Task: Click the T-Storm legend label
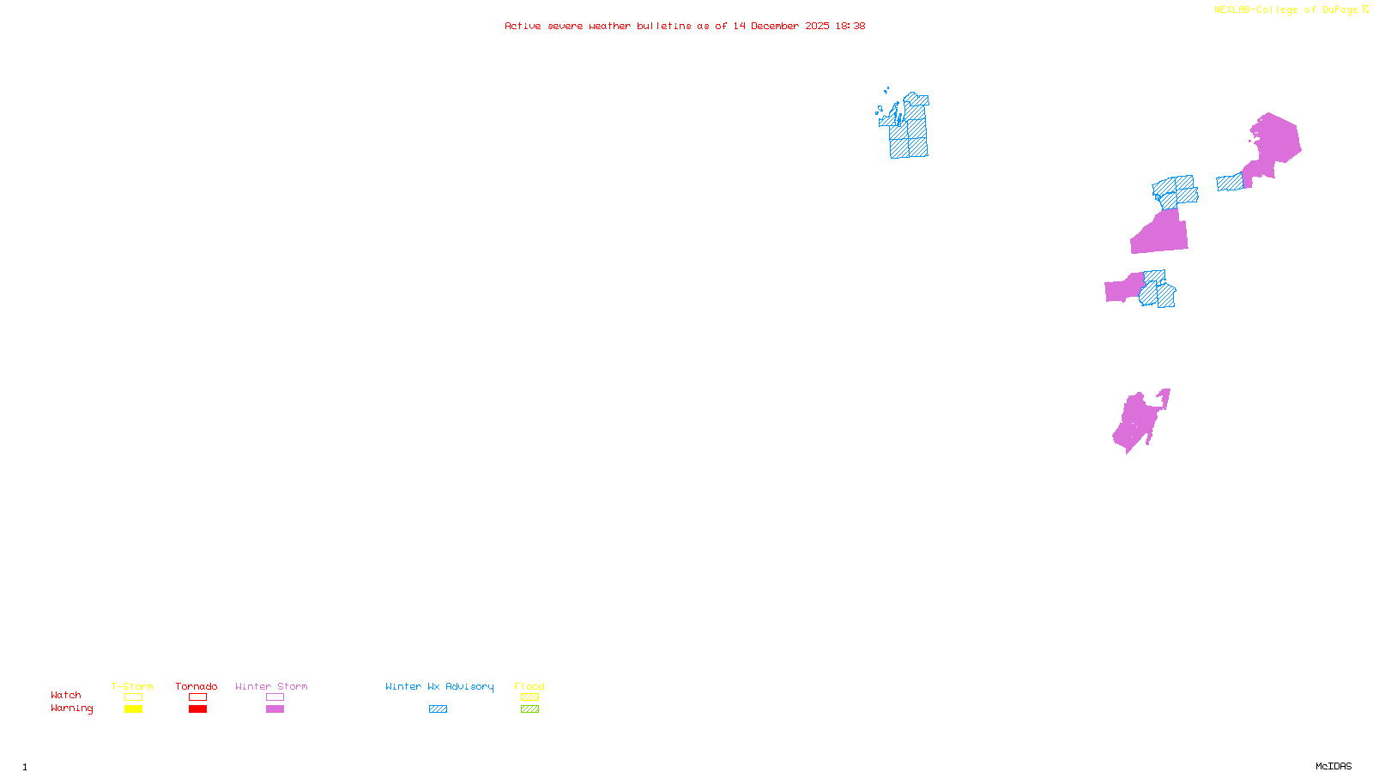[132, 686]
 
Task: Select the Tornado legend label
[197, 686]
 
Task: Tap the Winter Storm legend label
[271, 686]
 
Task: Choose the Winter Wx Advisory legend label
[439, 686]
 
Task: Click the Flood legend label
[529, 686]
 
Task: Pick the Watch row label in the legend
[66, 695]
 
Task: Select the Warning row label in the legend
[72, 709]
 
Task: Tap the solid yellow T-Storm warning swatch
[133, 709]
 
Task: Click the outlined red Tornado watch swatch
[197, 697]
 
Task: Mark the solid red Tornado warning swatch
[197, 709]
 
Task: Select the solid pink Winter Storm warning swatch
[275, 709]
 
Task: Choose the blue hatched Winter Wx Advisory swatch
[438, 709]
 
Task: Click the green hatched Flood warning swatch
[529, 709]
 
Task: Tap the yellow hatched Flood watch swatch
[529, 697]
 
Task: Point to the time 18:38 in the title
[850, 26]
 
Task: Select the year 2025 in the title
[818, 26]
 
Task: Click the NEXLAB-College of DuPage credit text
[1286, 9]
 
